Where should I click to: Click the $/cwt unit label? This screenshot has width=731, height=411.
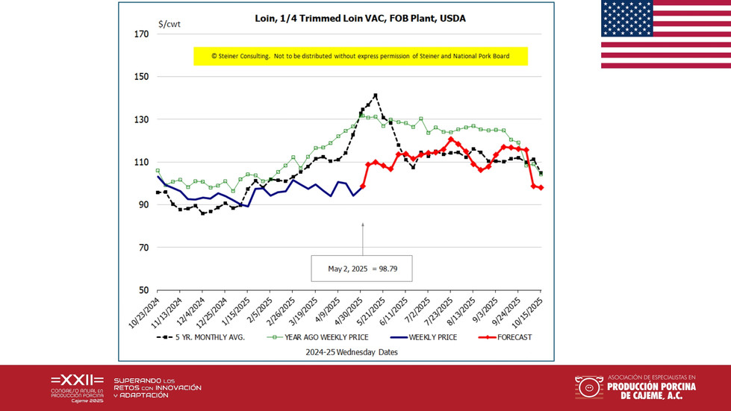tap(169, 24)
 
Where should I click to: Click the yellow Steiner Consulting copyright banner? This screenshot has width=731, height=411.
tap(361, 56)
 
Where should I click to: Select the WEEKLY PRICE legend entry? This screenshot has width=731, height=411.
tap(413, 337)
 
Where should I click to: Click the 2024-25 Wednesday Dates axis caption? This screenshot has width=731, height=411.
tap(349, 351)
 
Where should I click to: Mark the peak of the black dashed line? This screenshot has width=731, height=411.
tap(375, 95)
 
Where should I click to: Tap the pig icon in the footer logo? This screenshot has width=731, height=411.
tap(589, 387)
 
